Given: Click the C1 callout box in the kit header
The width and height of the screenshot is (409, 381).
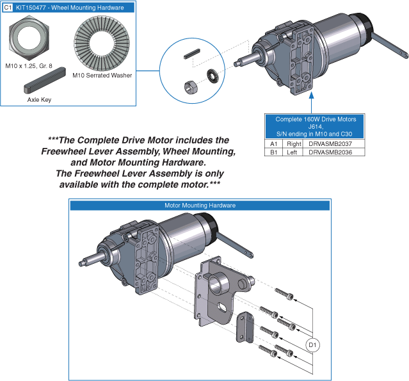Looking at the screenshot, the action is tap(8, 8).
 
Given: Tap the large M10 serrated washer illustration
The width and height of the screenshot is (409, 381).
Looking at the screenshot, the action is tap(102, 44).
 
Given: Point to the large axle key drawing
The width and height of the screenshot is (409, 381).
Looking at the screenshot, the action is tap(45, 80).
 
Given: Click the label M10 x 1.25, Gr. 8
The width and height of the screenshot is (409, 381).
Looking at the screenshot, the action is tap(29, 66).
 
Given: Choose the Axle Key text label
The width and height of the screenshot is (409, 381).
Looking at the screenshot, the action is tap(39, 100).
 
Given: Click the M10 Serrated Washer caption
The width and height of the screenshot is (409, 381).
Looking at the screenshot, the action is tap(102, 76).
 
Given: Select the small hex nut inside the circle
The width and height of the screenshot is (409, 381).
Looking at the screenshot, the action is tap(191, 87).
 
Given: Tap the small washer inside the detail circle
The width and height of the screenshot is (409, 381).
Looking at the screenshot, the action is tap(212, 76).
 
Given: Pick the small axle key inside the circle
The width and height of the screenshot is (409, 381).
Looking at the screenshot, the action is tap(192, 54).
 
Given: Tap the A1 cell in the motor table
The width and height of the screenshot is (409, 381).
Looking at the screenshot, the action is tap(273, 144).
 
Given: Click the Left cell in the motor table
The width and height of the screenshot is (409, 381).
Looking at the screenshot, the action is tap(293, 152).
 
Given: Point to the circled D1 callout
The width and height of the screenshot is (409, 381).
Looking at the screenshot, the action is tap(312, 345).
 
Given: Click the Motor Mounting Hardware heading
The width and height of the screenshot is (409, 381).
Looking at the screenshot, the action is tap(200, 206).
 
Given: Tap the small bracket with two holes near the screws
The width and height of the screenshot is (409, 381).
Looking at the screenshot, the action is tap(245, 327).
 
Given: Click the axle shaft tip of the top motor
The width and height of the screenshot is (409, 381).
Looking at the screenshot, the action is tap(236, 63).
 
